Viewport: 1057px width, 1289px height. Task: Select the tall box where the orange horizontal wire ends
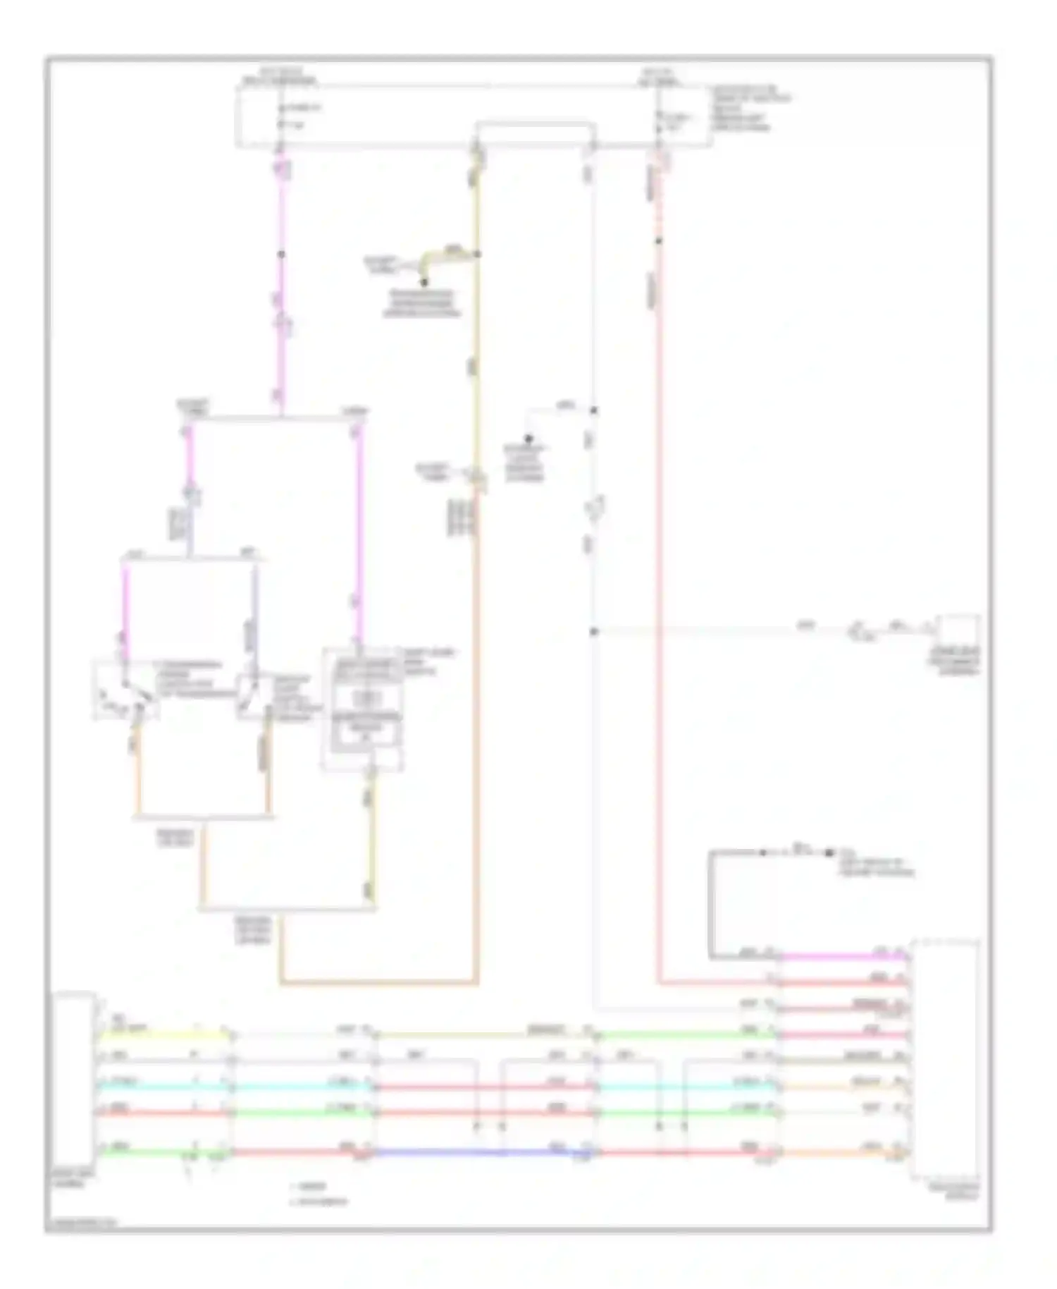944,1058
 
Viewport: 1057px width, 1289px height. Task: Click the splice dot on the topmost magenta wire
281,254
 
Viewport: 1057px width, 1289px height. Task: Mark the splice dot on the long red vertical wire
660,240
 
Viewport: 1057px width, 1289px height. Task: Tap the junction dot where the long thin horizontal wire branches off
594,631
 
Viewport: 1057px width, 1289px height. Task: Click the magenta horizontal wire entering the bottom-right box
842,957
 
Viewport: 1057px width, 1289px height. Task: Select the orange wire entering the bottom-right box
842,1154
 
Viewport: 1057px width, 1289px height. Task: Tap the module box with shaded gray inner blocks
362,709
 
